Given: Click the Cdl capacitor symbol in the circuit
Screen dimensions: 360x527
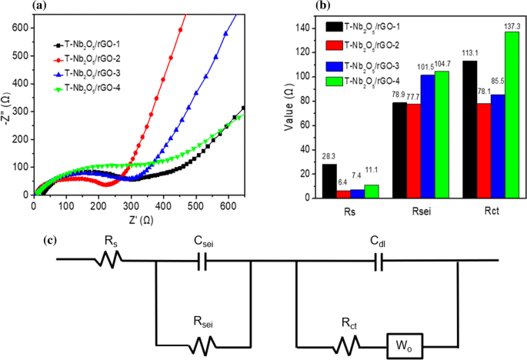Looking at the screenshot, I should click(x=377, y=262).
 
